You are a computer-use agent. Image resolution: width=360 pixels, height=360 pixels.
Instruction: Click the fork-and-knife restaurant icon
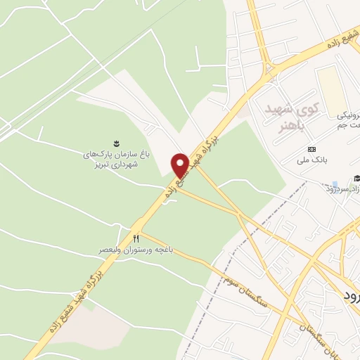136,237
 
